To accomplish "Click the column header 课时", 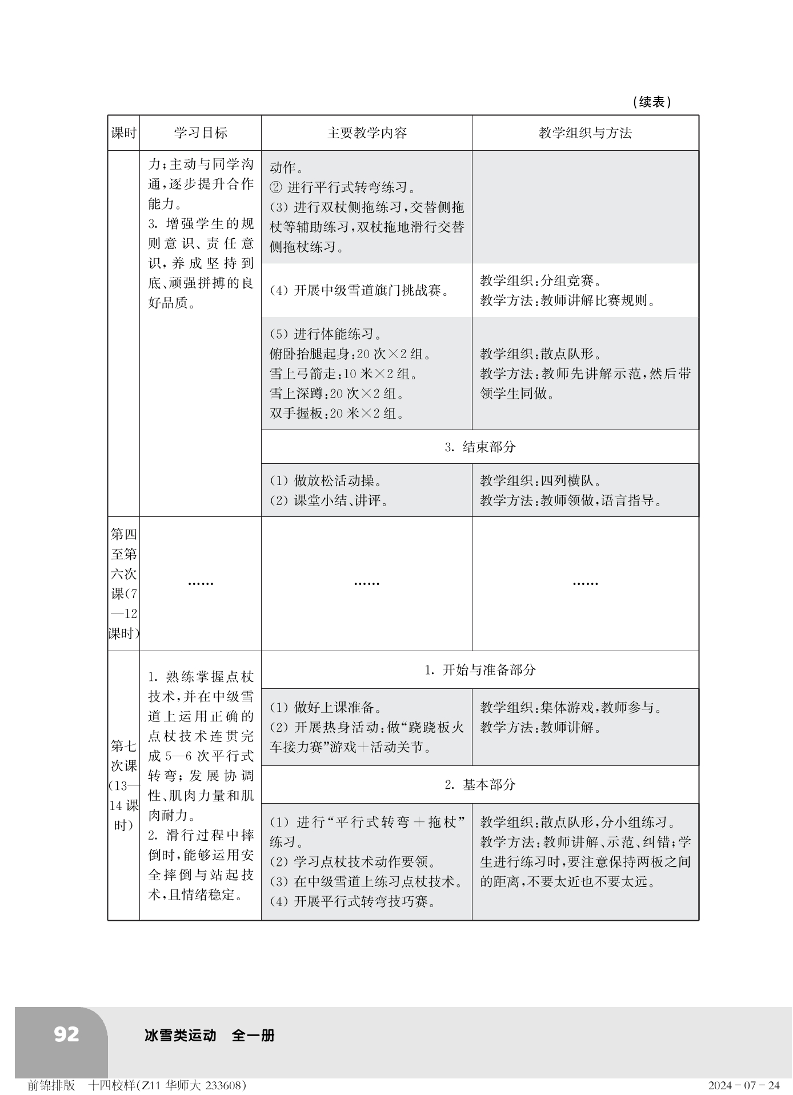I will coord(123,133).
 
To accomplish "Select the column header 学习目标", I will coord(201,133).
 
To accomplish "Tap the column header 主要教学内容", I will coord(367,133).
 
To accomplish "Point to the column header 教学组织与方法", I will coord(585,133).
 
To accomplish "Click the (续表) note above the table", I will coord(652,102).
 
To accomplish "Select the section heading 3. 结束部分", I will coord(480,447).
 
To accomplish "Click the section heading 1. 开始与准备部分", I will coord(480,669).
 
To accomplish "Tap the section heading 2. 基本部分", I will coord(480,784).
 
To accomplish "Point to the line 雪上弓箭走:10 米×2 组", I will coord(343,374).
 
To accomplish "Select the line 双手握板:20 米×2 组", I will coord(337,414).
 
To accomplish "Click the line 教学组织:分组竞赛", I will coord(540,280).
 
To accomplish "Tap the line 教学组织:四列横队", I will coord(540,481).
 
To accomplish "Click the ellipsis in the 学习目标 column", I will coord(201,583).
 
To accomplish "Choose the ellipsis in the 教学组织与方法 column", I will coord(585,583).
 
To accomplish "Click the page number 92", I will coord(66,1034).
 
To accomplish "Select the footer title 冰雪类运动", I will coord(181,1035).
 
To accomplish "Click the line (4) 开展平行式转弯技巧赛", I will coord(353,902).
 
